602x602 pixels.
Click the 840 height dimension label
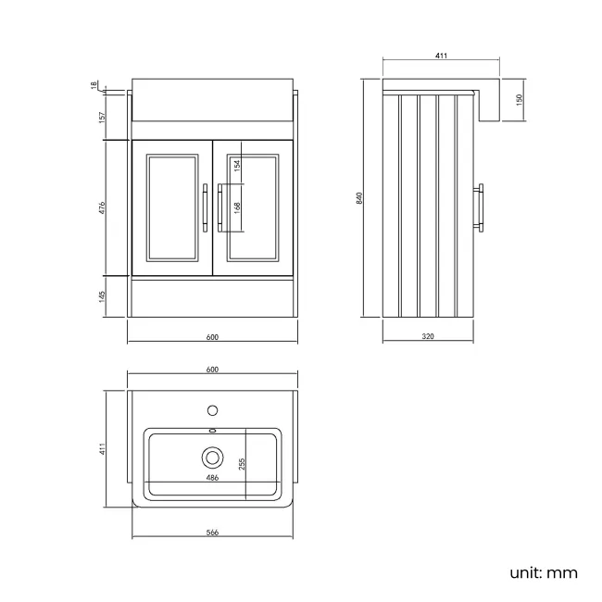[359, 198]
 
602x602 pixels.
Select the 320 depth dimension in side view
[428, 336]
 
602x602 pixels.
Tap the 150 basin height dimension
[520, 100]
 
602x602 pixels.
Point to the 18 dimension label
[94, 85]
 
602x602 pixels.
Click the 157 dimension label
[102, 117]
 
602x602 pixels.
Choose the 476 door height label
[102, 207]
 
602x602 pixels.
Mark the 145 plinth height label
[102, 296]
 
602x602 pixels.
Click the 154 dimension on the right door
[237, 165]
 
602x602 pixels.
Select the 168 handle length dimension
[237, 207]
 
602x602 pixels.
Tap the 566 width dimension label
[212, 533]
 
